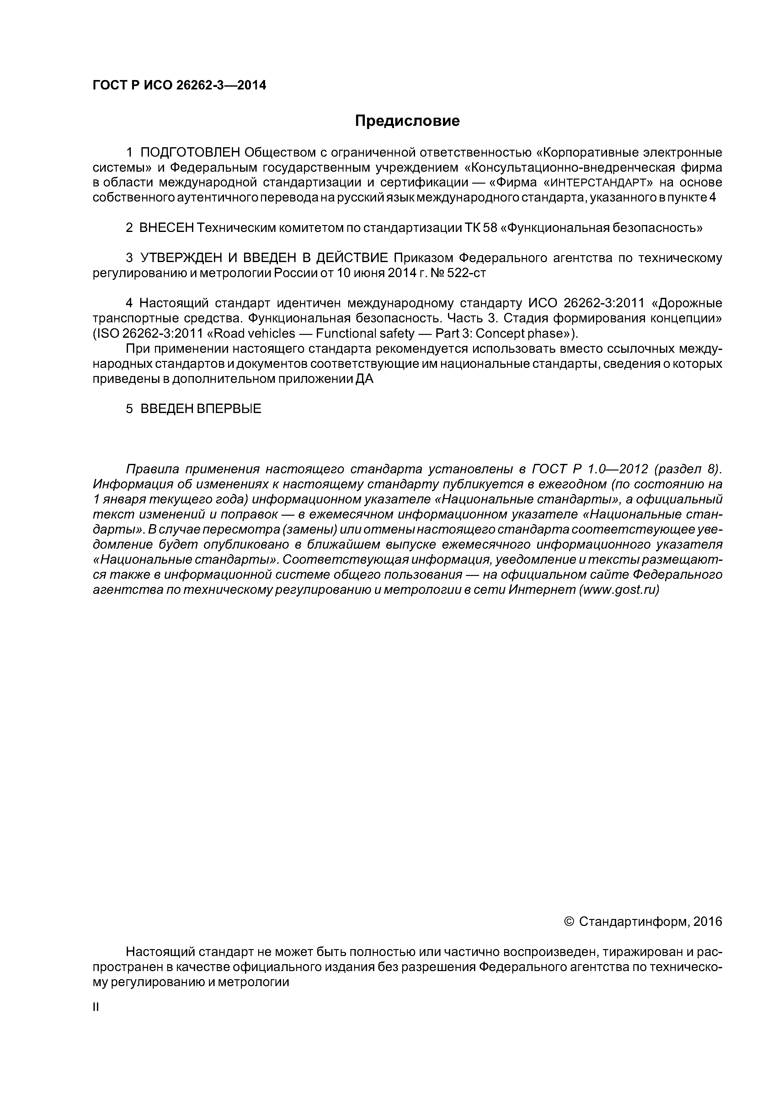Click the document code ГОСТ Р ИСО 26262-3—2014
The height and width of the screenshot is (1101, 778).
point(179,85)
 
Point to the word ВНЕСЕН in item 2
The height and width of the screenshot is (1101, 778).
point(166,228)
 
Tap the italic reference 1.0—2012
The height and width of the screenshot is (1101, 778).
point(618,469)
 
